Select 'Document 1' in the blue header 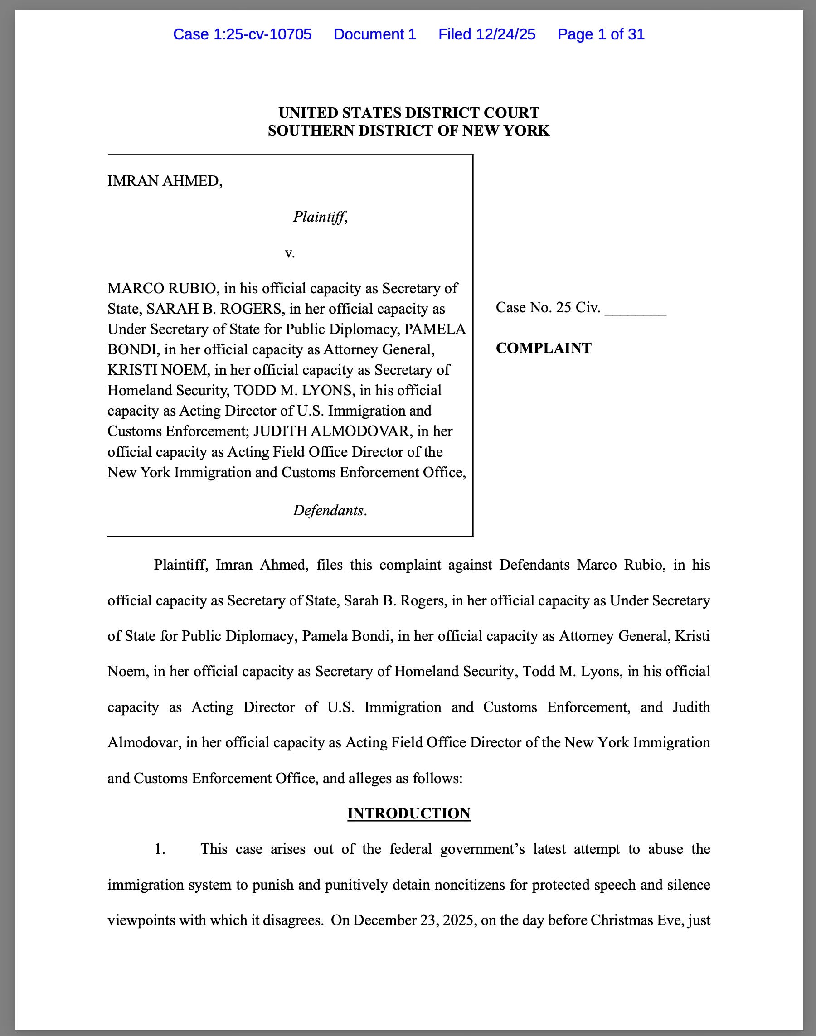374,34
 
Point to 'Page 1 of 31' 601,34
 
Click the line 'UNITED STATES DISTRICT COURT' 408,113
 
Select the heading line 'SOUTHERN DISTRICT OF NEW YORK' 408,131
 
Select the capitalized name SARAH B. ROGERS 214,309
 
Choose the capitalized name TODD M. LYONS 292,391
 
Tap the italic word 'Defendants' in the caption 328,511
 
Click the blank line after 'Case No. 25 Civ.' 635,309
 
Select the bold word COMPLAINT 543,348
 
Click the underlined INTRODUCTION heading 408,813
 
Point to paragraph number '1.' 160,849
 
